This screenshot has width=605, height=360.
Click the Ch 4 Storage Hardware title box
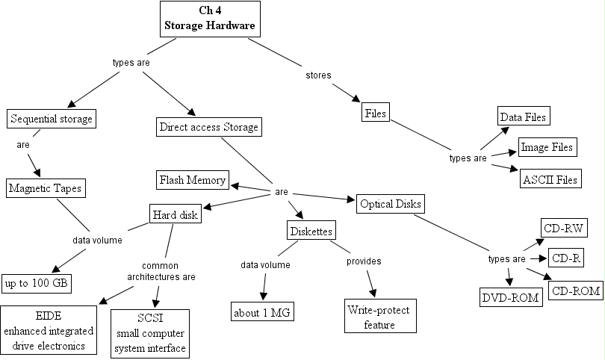[x=210, y=19]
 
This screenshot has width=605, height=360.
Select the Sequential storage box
[x=52, y=119]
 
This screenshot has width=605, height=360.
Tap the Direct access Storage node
[x=208, y=127]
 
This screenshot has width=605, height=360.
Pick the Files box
[x=376, y=112]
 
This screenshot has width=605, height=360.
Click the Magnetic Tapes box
[x=46, y=188]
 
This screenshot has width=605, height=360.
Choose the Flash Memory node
[x=193, y=180]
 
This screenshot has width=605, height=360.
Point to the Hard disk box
[x=176, y=214]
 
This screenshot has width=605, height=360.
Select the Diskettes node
[x=311, y=230]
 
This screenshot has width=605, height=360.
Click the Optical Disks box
[x=391, y=204]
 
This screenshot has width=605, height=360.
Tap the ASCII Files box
[x=550, y=179]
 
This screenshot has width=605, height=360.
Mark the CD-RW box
[x=564, y=228]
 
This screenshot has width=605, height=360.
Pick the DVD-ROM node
[x=511, y=297]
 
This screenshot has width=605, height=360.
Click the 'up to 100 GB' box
[x=37, y=284]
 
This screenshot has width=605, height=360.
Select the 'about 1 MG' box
[x=262, y=311]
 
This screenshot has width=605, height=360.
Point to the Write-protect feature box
[x=380, y=316]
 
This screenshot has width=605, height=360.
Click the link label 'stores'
[x=318, y=75]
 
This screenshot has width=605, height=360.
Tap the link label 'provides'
[x=364, y=261]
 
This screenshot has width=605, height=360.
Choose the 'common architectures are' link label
[x=161, y=271]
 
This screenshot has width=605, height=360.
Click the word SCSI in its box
[x=150, y=318]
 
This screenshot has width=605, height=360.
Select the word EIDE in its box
[x=49, y=316]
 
